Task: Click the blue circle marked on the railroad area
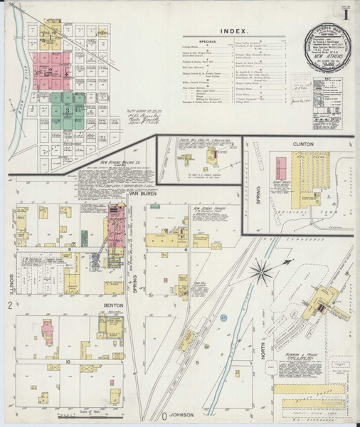pos(223,316)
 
